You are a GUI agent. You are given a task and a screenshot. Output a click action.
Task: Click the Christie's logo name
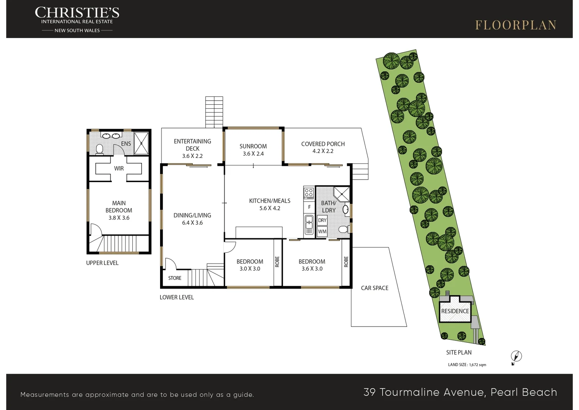[77, 13]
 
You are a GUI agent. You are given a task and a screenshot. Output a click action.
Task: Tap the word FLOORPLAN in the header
[516, 25]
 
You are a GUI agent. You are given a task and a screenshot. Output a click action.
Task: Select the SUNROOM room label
[253, 146]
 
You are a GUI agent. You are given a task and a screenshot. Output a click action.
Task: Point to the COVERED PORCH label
[323, 144]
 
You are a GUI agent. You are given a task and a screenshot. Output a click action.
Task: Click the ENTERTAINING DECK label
[192, 145]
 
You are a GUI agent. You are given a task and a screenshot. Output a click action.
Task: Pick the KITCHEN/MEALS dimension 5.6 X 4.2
[270, 208]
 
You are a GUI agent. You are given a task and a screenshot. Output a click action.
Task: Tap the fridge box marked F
[309, 207]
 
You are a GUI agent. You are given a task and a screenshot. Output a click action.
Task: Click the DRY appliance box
[322, 220]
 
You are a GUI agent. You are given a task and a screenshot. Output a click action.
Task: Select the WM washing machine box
[322, 232]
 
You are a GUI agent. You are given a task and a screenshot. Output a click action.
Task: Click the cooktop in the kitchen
[309, 193]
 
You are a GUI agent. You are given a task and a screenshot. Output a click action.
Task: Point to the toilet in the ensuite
[99, 150]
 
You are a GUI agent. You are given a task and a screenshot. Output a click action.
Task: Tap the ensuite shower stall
[142, 143]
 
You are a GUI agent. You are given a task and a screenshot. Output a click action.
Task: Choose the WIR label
[119, 169]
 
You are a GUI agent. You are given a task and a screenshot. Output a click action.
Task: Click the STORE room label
[175, 278]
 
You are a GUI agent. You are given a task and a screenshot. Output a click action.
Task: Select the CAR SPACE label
[374, 288]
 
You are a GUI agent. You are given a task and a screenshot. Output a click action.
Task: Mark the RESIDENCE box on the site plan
[455, 311]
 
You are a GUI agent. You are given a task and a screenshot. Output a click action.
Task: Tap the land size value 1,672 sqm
[478, 365]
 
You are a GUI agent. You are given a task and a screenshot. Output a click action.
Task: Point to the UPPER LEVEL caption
[102, 263]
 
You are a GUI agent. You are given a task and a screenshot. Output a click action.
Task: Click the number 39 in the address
[370, 392]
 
